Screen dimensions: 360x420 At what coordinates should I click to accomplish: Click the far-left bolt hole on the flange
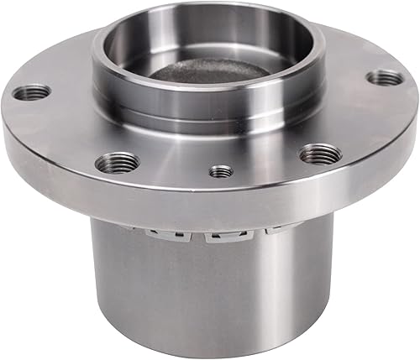pyautogui.click(x=32, y=91)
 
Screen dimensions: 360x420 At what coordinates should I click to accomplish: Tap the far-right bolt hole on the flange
pyautogui.click(x=385, y=78)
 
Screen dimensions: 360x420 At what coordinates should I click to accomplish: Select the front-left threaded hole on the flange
pyautogui.click(x=116, y=162)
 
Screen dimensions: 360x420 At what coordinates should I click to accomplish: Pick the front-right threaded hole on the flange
pyautogui.click(x=321, y=154)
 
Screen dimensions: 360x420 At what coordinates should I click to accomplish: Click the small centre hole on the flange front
pyautogui.click(x=221, y=171)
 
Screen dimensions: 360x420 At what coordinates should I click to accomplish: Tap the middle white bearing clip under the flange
pyautogui.click(x=221, y=237)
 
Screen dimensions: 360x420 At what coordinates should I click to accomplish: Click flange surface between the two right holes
pyautogui.click(x=357, y=117)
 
